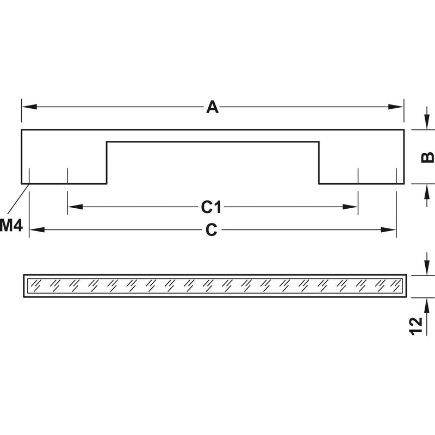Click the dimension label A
click(212, 107)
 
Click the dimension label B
click(427, 157)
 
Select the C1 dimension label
click(212, 207)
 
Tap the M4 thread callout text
click(11, 225)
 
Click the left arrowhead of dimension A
click(29, 107)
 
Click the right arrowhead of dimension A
click(396, 107)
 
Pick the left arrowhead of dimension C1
click(75, 207)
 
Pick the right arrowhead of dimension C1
click(350, 207)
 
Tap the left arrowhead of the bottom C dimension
click(37, 229)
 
